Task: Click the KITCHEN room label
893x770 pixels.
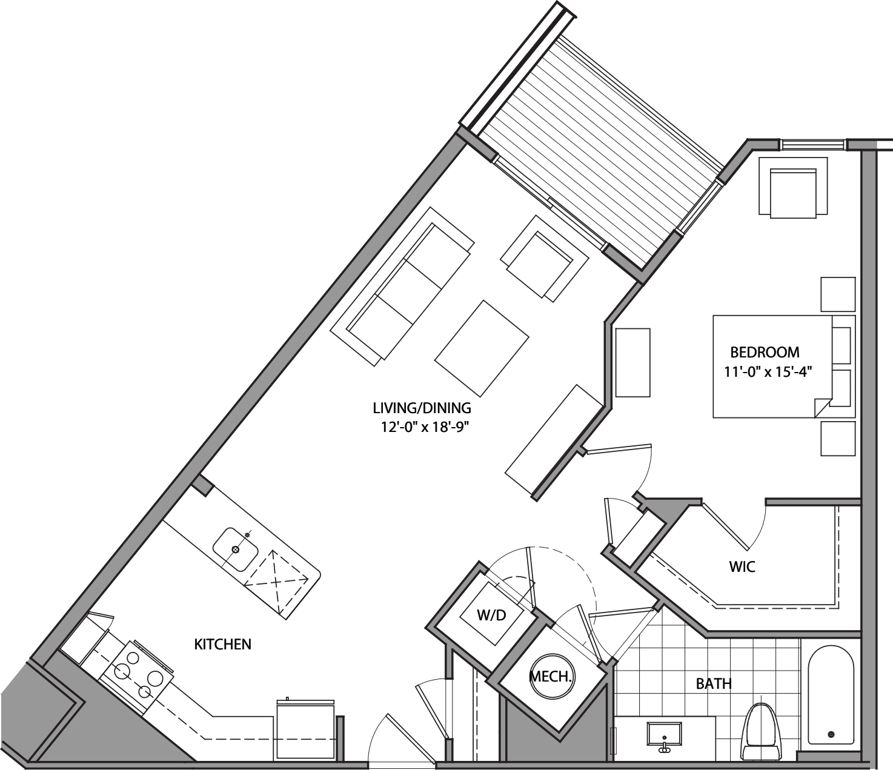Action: point(222,644)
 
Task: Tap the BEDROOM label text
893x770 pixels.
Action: point(765,352)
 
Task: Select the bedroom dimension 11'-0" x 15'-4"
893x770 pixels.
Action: point(768,372)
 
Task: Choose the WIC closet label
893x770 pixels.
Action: point(742,567)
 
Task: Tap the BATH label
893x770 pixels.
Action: point(713,684)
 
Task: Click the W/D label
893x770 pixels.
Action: point(491,616)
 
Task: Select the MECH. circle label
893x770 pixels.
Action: point(551,677)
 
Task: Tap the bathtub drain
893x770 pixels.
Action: point(831,734)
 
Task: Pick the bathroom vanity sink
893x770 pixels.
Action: point(665,735)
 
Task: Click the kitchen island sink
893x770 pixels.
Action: point(236,549)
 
